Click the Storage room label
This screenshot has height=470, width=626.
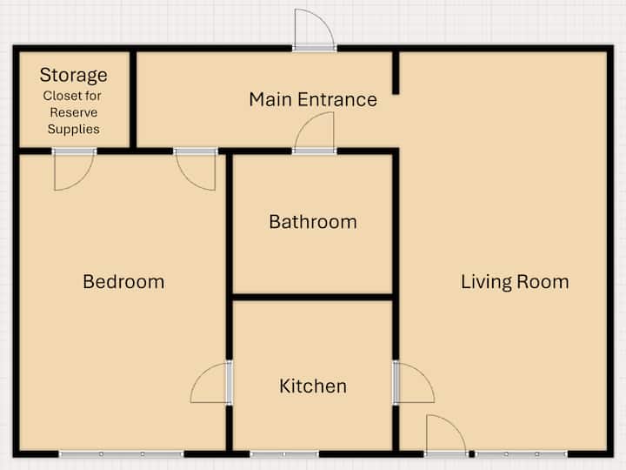point(73,75)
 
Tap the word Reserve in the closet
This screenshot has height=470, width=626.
point(73,112)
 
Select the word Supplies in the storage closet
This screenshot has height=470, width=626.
point(73,129)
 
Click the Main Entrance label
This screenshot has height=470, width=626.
point(313,99)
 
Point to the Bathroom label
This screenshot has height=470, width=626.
point(313,222)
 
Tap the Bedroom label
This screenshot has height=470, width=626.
point(123,282)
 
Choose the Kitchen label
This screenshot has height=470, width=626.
point(313,386)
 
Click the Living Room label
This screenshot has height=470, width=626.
point(515,282)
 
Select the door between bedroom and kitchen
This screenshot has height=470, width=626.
point(211,382)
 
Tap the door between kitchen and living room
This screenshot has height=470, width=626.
point(414,382)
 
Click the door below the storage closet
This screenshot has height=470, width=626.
point(74,170)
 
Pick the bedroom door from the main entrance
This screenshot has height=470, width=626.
point(196,170)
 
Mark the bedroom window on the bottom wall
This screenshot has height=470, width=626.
point(122,454)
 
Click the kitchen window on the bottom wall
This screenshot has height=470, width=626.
point(284,454)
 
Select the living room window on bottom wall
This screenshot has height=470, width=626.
point(521,454)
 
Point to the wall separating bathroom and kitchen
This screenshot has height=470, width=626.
point(313,298)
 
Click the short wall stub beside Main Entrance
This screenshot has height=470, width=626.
point(396,73)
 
